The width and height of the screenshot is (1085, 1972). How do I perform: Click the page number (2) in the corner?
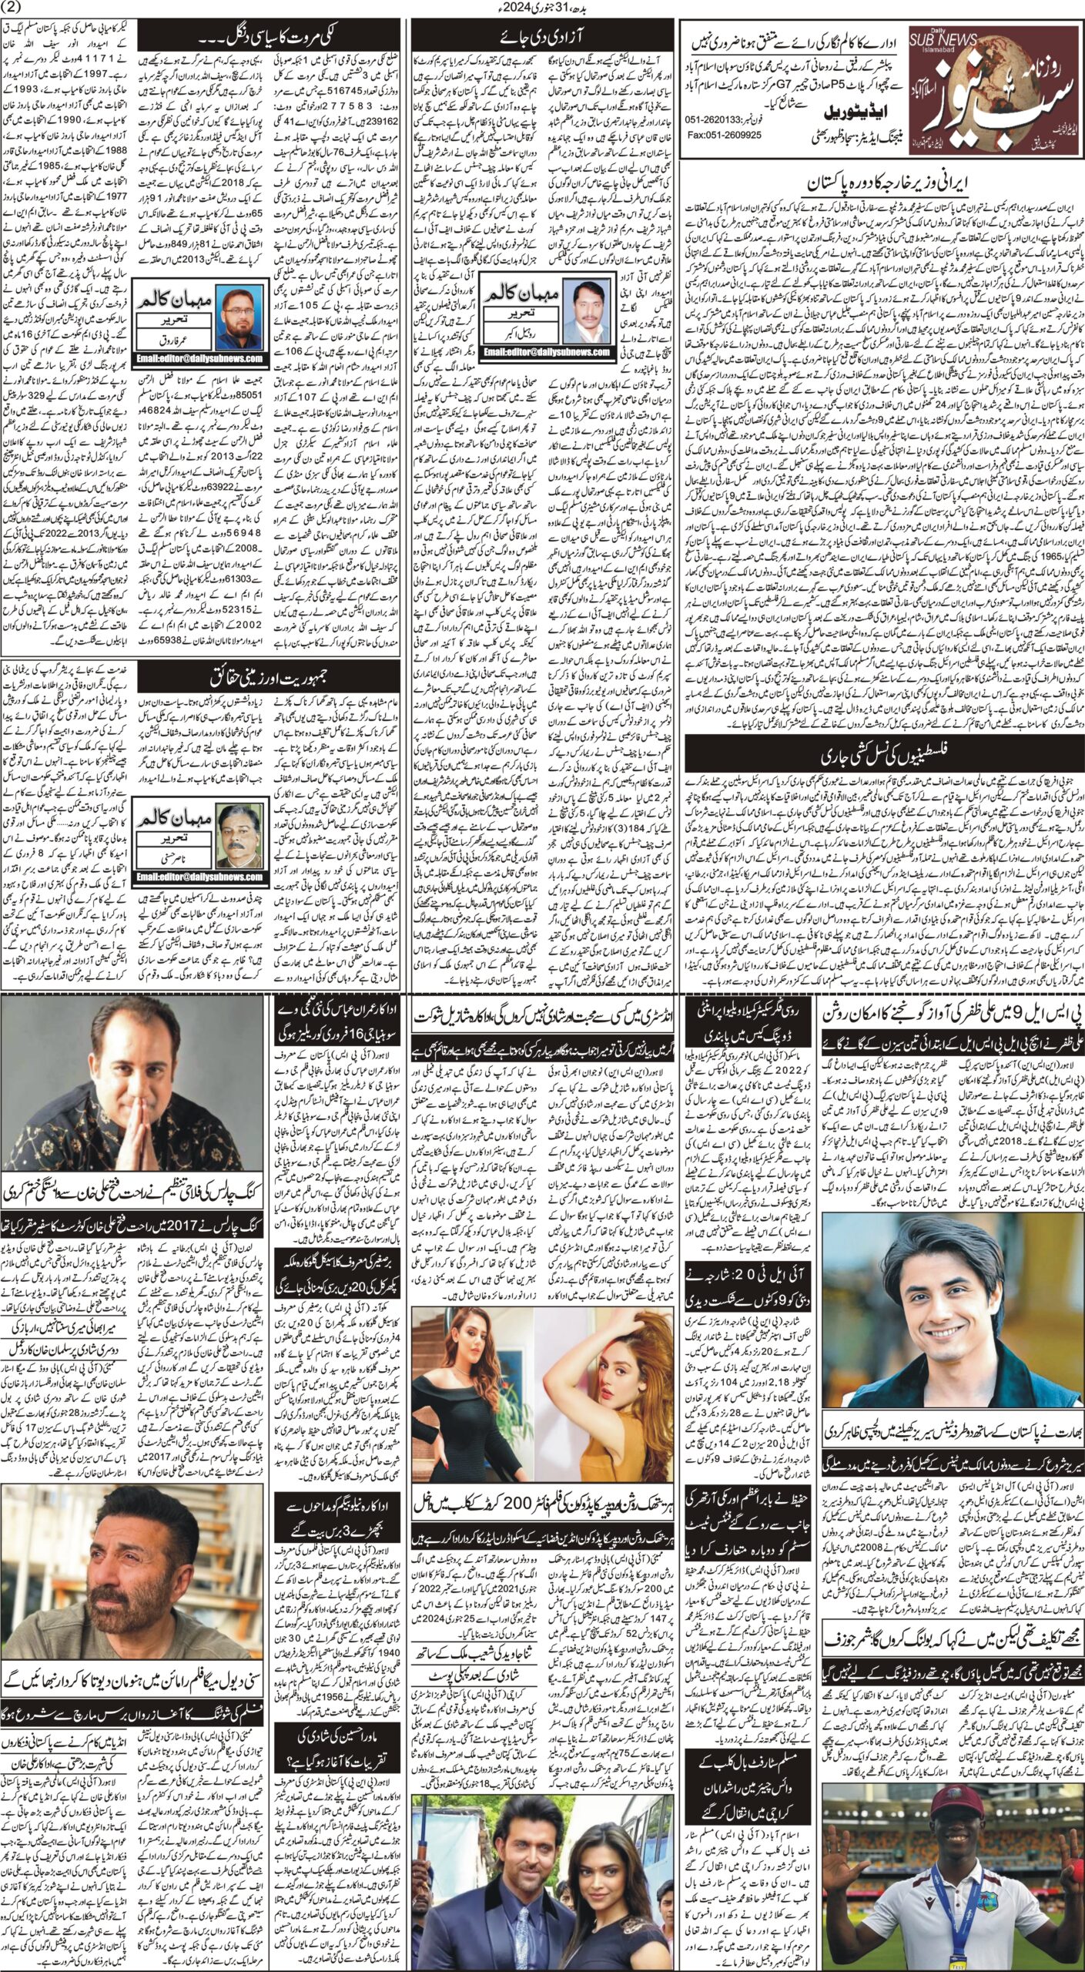13,8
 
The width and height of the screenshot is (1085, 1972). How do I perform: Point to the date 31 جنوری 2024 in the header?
544,8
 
